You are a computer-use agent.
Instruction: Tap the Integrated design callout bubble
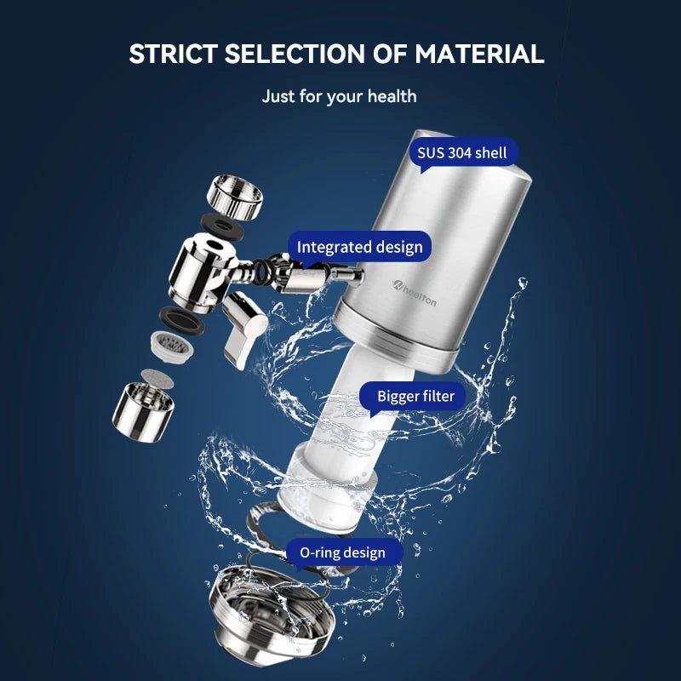(x=359, y=248)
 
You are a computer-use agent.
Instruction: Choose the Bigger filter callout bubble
(x=416, y=396)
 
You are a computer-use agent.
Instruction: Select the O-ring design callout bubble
(x=342, y=552)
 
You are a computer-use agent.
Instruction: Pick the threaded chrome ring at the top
(x=235, y=195)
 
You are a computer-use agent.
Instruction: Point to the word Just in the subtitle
(x=279, y=96)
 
